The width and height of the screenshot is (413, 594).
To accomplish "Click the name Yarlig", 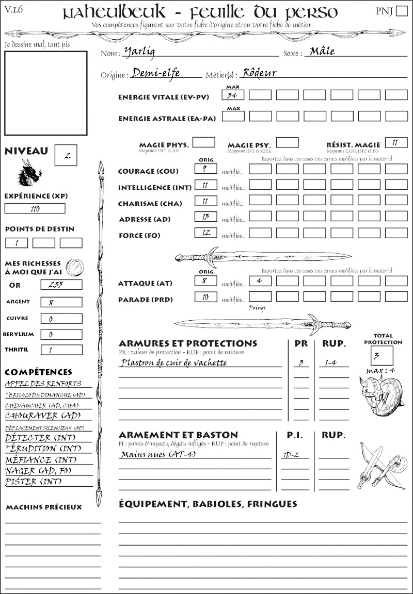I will click(x=139, y=52).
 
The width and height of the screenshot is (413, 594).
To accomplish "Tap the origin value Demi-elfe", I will click(x=156, y=73).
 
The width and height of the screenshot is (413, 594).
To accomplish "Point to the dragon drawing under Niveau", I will click(x=29, y=173).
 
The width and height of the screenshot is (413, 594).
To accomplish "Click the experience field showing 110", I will click(x=35, y=209).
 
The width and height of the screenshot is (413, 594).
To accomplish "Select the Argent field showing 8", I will click(x=61, y=302).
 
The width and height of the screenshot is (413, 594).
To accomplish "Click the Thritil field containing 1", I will click(x=61, y=350).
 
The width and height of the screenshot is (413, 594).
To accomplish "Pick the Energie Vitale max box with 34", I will click(x=233, y=95).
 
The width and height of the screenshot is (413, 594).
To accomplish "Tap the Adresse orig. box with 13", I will click(x=206, y=217).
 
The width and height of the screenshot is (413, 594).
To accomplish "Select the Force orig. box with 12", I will click(x=206, y=233).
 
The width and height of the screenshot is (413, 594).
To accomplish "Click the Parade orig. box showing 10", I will click(x=206, y=297).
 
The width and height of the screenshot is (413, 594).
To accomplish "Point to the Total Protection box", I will click(x=382, y=355).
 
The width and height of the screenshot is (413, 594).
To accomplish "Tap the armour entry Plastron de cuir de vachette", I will click(x=174, y=362).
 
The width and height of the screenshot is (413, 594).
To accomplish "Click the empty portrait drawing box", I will click(x=45, y=93).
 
